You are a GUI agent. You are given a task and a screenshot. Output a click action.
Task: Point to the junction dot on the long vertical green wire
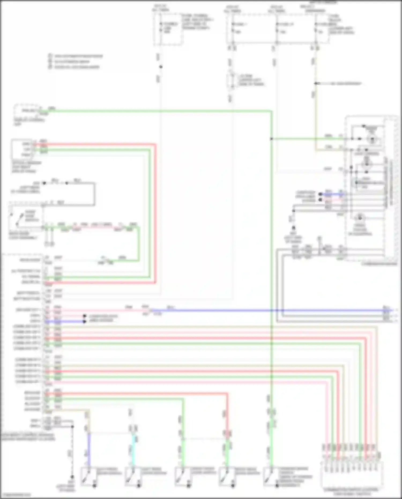pos(271,139)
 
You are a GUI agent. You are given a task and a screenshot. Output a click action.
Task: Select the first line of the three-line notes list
pos(78,56)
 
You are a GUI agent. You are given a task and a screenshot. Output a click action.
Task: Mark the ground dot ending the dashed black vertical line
pos(72,477)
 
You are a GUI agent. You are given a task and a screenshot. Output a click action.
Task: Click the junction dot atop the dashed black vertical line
pos(72,426)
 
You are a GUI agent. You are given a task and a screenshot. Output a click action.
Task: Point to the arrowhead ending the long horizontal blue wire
pos(392,310)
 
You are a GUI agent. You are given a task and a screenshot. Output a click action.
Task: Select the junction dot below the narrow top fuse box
pos(161,67)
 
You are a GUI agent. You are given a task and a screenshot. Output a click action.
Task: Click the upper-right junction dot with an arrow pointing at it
pos(316,83)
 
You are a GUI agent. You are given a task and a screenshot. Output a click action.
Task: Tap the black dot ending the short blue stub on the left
pos(84,321)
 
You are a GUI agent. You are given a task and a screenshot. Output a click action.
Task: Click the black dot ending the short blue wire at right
pos(320,194)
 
